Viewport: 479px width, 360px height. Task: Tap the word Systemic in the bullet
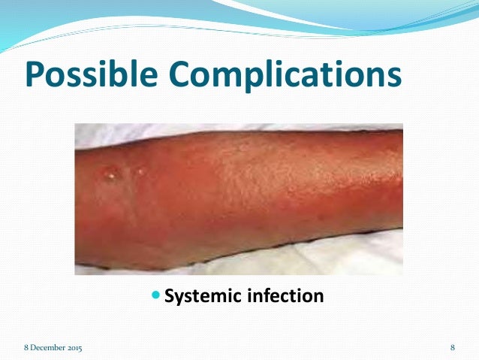[201, 296]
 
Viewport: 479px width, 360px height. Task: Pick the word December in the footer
[47, 348]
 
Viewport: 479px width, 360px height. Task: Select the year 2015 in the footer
[74, 348]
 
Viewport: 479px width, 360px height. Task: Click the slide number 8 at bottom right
[453, 348]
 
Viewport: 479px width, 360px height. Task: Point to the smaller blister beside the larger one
[140, 171]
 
